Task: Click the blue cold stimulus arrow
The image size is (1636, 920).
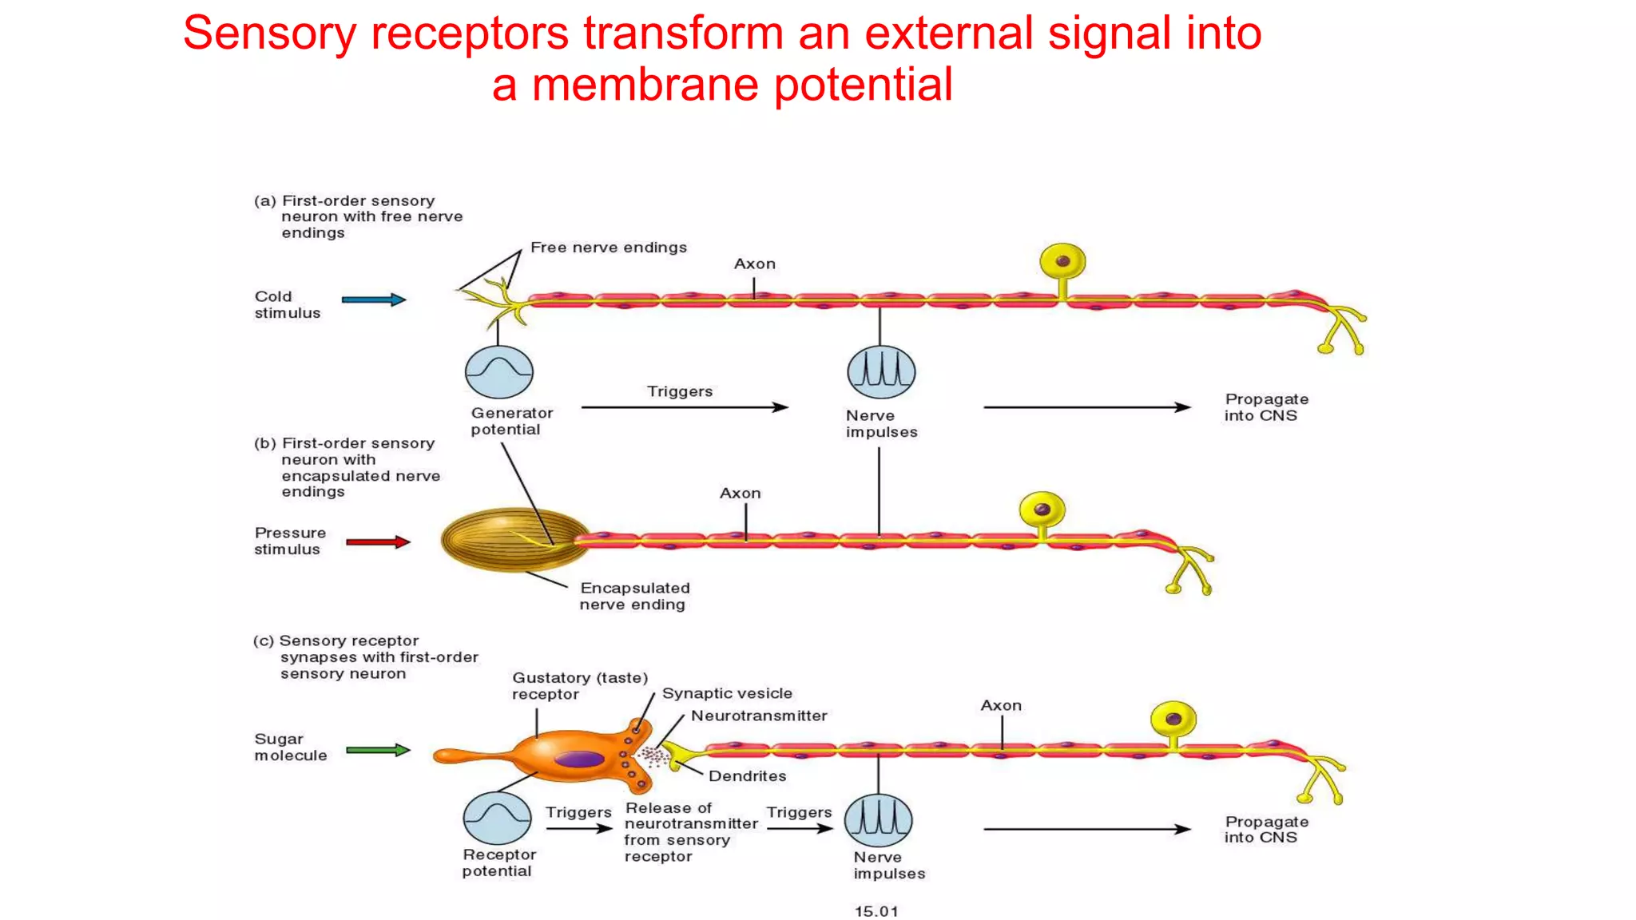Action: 373,300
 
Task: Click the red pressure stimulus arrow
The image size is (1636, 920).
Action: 378,542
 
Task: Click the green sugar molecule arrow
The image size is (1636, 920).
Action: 378,750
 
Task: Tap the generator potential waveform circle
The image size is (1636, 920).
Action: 499,372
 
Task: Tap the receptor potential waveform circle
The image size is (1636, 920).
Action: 497,819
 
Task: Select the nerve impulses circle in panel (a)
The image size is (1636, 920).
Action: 880,372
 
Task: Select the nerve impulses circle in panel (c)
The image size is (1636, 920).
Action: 878,820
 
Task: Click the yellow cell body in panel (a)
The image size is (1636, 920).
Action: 1062,262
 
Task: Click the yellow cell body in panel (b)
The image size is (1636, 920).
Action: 1042,510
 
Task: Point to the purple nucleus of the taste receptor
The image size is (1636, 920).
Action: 579,759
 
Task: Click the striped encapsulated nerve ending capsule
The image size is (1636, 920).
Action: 511,541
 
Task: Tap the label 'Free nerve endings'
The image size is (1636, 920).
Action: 608,248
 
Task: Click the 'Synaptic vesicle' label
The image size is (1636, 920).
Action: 727,693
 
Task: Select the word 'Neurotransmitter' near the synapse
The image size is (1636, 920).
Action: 759,716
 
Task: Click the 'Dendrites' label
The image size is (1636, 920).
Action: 747,776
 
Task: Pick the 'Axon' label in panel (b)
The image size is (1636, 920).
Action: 740,494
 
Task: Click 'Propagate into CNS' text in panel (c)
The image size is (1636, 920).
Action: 1266,829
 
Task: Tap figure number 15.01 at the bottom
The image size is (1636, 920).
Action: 876,911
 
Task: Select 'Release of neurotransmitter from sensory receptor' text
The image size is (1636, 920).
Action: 690,831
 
